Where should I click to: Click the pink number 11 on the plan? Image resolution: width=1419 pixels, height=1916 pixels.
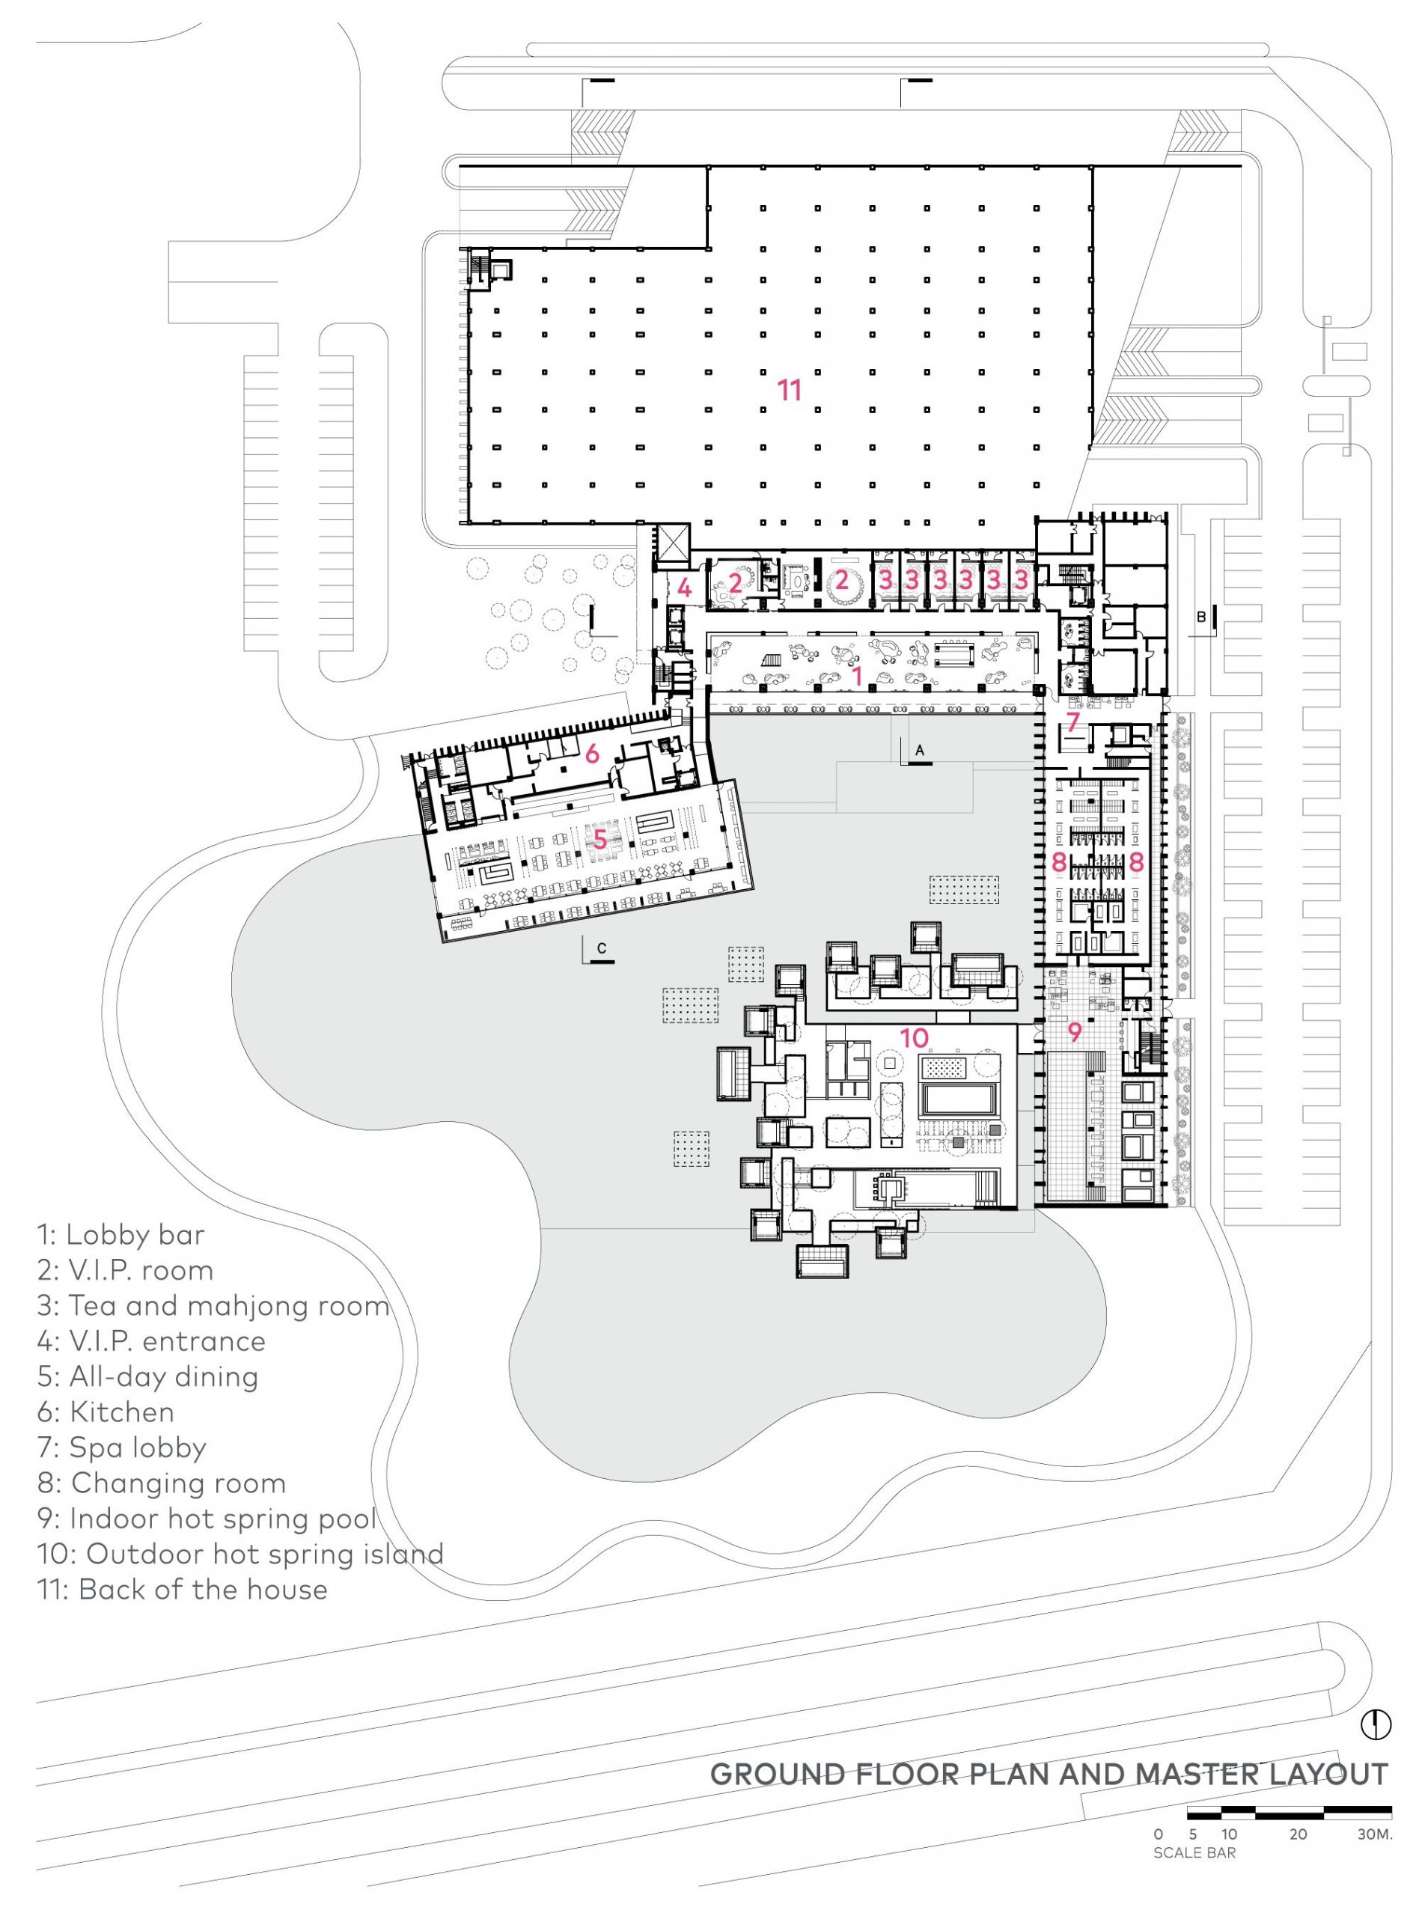coord(790,391)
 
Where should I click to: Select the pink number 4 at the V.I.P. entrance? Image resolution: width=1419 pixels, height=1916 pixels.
coord(685,588)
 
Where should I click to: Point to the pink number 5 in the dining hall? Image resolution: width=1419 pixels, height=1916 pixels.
coord(599,838)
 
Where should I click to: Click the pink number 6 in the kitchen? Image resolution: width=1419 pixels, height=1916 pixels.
coord(592,754)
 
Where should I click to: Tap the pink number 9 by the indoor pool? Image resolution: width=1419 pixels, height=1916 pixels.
coord(1075,1031)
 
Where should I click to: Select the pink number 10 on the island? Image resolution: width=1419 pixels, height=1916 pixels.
coord(914,1037)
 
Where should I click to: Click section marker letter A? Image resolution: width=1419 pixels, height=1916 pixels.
coord(920,750)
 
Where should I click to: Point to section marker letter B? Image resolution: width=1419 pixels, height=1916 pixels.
coord(1202,617)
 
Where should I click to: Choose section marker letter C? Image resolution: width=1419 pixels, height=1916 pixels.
coord(602,948)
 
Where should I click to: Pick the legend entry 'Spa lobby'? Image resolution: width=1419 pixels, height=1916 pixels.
coord(122,1448)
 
